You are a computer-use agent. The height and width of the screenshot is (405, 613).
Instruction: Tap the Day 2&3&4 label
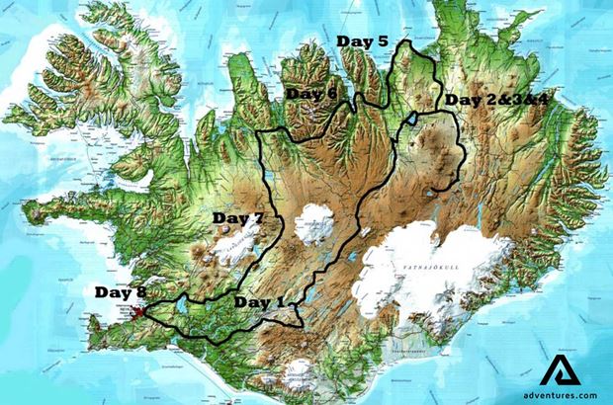click(x=491, y=100)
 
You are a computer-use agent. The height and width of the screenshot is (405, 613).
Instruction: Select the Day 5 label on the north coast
click(x=362, y=41)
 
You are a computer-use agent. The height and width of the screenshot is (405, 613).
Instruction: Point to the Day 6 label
click(x=311, y=94)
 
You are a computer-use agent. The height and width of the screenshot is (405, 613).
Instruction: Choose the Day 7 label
click(x=238, y=218)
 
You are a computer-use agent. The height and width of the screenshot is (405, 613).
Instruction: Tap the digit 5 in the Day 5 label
click(x=381, y=41)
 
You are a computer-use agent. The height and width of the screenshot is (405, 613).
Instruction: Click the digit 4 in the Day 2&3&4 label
click(x=529, y=100)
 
